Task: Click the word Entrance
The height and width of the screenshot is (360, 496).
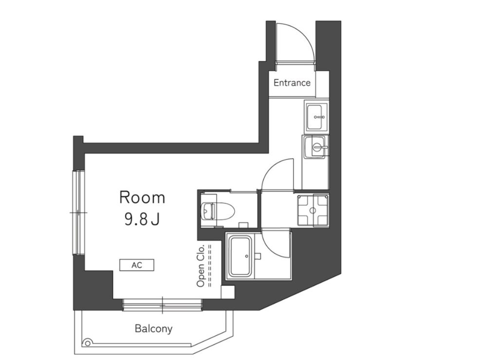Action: [292, 83]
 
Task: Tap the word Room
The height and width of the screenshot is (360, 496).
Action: [142, 198]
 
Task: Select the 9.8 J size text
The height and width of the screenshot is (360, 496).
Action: [141, 219]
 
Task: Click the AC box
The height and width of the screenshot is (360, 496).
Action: [137, 265]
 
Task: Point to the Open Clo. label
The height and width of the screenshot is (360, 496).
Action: [201, 266]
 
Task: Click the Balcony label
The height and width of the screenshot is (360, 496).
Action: [153, 329]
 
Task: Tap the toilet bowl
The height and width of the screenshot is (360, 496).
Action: [218, 211]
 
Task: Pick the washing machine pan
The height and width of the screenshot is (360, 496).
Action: [312, 210]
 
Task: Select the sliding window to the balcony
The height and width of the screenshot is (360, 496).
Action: [162, 305]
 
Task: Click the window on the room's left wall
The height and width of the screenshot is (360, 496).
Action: [79, 213]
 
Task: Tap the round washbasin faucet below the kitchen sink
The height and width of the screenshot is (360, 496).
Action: [317, 147]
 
